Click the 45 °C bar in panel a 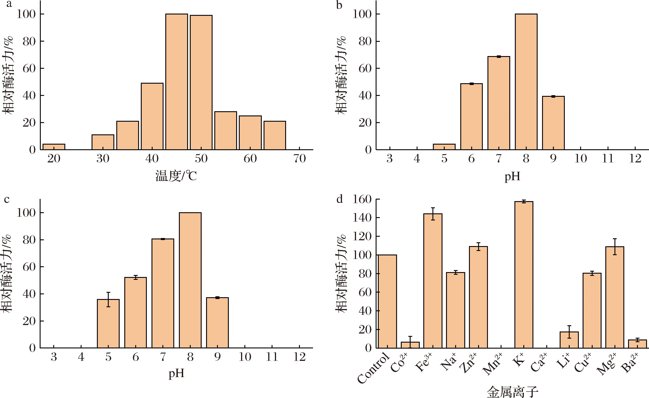click(177, 82)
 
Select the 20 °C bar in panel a click(54, 147)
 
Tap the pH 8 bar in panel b click(526, 82)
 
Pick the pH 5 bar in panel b click(444, 147)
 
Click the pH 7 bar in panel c click(163, 293)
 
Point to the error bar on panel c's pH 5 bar click(108, 299)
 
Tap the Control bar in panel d click(387, 301)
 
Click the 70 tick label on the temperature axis click(299, 158)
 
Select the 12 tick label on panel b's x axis click(635, 158)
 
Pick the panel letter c click(7, 200)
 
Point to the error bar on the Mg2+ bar click(615, 247)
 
